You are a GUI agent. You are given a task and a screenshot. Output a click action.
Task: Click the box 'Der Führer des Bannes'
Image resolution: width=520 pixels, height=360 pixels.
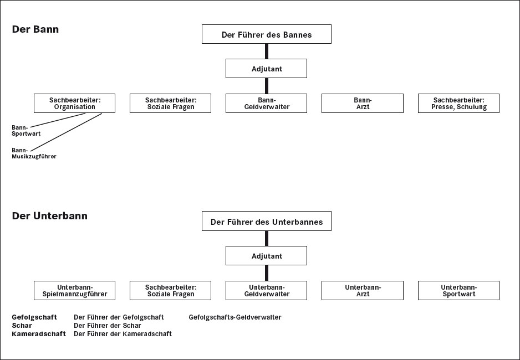(266, 34)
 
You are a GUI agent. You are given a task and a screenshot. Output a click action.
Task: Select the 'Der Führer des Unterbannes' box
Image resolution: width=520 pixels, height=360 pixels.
(266, 221)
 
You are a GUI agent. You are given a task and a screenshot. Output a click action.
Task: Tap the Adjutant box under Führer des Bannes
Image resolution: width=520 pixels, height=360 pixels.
(266, 69)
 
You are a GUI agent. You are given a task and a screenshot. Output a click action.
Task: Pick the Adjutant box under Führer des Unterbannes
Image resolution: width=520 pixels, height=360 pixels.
(266, 256)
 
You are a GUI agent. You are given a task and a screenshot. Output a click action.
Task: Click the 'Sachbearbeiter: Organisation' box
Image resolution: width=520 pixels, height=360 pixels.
(75, 104)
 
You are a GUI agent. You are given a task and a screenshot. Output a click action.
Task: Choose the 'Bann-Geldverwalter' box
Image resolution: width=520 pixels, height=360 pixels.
(266, 104)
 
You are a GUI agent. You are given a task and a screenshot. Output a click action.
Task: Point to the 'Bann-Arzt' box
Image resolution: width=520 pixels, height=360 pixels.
(363, 104)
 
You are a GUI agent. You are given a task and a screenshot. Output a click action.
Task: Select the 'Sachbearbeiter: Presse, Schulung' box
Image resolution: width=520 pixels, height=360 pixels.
(458, 104)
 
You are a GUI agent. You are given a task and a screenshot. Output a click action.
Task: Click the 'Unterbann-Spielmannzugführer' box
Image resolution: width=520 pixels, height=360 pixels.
(75, 290)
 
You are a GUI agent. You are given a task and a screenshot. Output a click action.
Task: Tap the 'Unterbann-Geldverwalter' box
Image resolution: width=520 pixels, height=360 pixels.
(266, 290)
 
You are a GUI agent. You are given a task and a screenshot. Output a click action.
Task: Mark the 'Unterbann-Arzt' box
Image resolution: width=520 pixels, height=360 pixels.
(363, 290)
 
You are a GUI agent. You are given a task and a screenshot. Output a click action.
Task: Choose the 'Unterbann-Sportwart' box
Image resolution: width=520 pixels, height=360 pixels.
(458, 290)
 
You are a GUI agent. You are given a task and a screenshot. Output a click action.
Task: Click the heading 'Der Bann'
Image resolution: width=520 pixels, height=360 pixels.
(35, 29)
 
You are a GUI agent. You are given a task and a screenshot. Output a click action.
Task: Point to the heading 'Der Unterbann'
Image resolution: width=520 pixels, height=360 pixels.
(50, 216)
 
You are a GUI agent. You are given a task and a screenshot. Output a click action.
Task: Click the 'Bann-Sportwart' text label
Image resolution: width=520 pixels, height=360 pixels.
(26, 131)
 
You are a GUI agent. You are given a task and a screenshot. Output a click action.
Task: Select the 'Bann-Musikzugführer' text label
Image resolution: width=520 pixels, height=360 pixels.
(34, 153)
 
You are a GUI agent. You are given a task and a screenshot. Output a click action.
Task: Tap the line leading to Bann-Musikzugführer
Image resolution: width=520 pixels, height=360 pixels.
(66, 132)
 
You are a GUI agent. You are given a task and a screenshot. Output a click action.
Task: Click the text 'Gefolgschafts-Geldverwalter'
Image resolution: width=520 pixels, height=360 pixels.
(235, 317)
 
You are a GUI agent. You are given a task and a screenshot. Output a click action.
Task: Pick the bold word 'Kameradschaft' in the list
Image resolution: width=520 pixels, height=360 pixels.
(39, 334)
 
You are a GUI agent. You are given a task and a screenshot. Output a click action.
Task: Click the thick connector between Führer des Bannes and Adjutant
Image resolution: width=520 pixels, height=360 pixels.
(267, 52)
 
